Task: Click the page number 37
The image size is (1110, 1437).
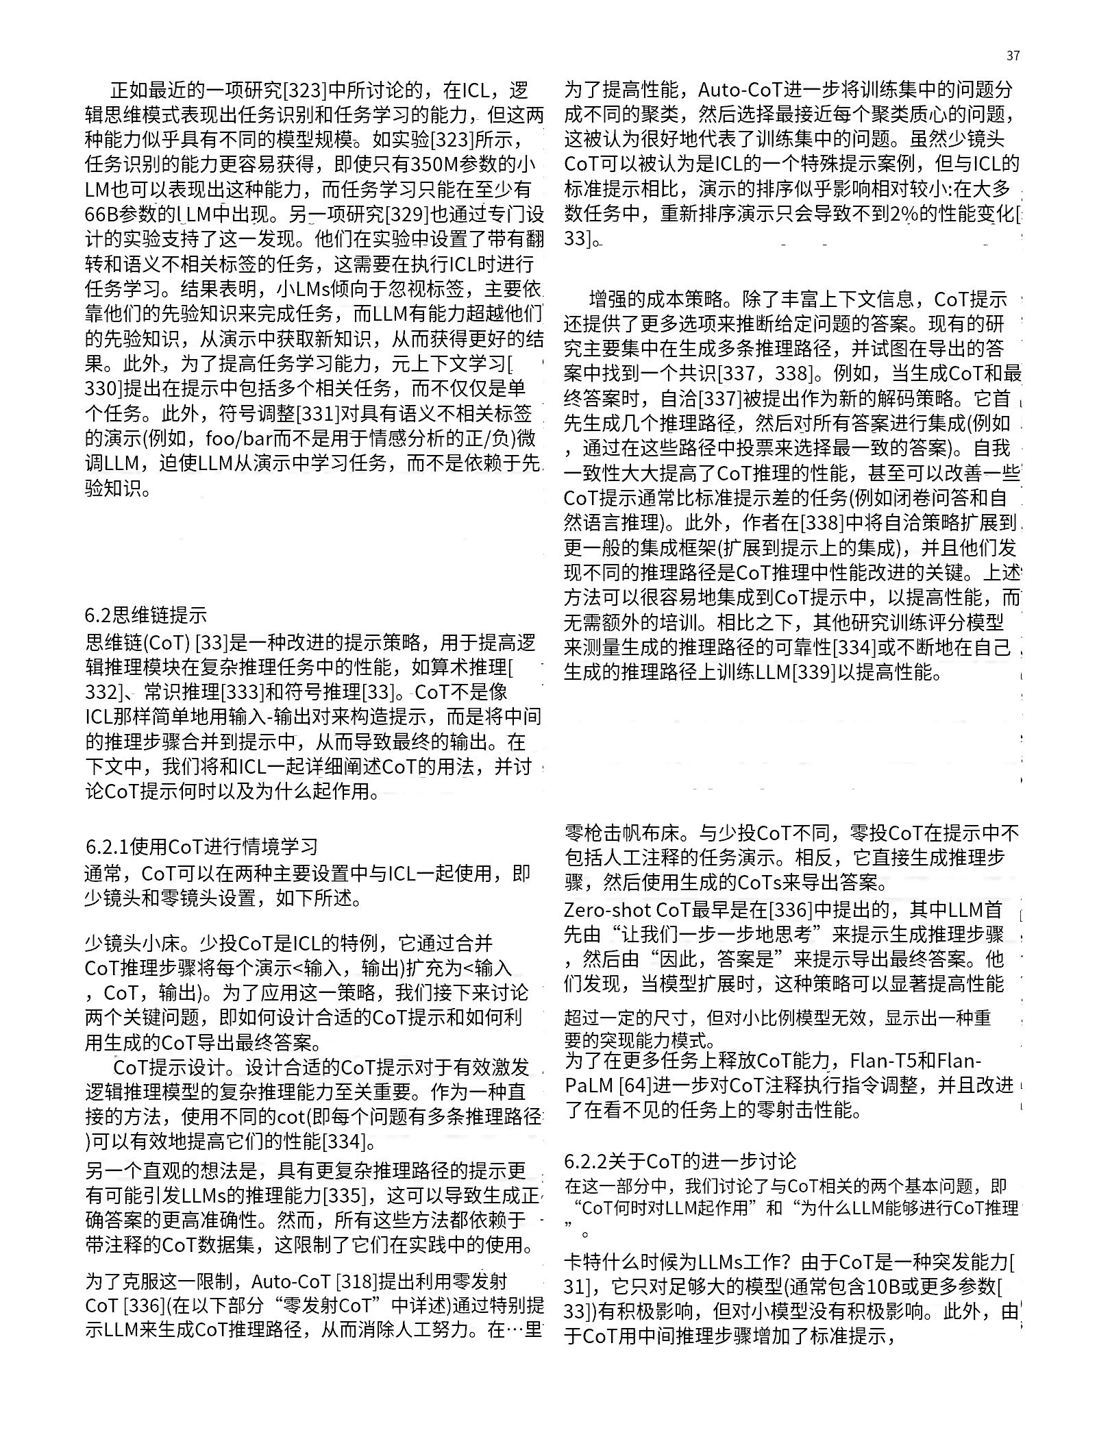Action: pyautogui.click(x=1013, y=56)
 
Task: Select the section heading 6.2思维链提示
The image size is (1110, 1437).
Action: pyautogui.click(x=145, y=615)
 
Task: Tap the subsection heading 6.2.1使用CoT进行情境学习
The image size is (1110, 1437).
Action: pyautogui.click(x=202, y=848)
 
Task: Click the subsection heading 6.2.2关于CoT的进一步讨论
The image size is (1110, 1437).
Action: pyautogui.click(x=680, y=1161)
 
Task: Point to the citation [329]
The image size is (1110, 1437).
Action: pyautogui.click(x=408, y=214)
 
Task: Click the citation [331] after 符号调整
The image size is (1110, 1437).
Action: pyautogui.click(x=318, y=414)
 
